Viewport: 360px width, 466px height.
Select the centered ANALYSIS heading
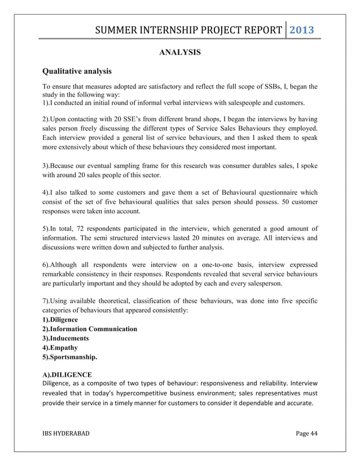tap(179, 52)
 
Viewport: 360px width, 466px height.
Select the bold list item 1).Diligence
tap(60, 319)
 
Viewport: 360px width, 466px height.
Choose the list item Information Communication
tap(90, 329)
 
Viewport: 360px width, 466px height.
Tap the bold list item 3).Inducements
tap(65, 338)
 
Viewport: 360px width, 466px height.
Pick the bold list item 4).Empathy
tap(60, 348)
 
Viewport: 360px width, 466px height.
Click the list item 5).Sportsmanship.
tap(70, 358)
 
